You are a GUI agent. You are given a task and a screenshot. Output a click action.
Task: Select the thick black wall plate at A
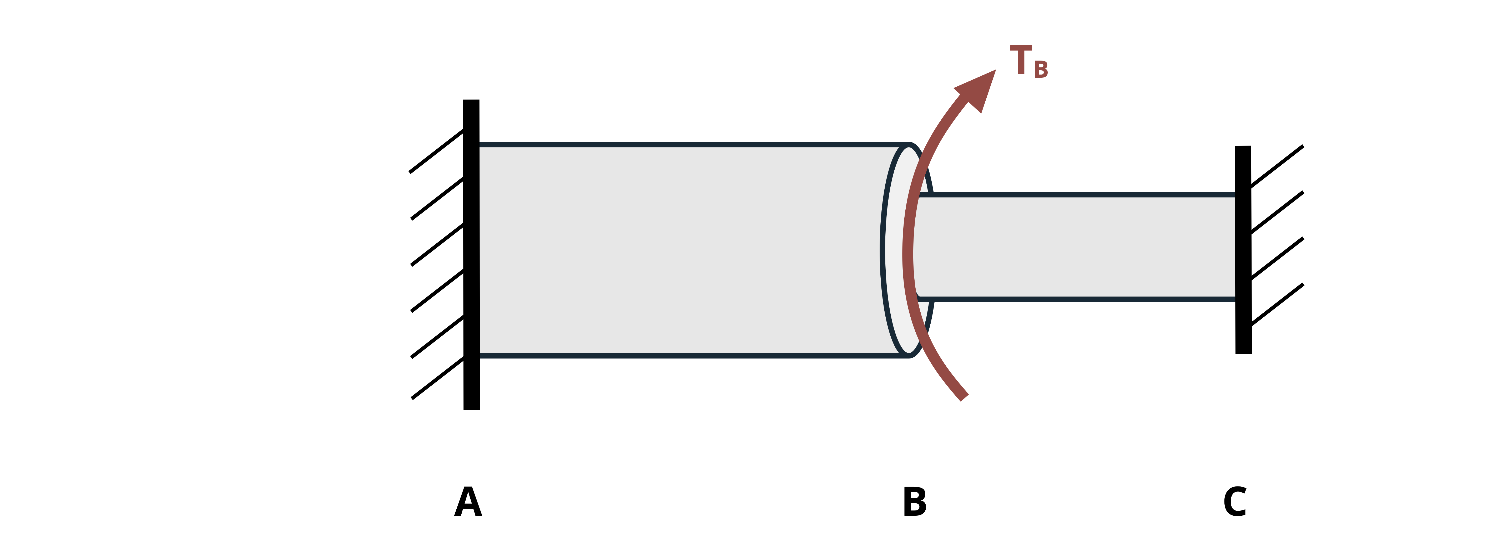tap(471, 255)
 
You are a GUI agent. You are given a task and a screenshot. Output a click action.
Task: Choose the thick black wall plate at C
tap(1243, 250)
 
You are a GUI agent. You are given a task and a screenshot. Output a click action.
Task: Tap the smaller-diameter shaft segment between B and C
tap(1077, 247)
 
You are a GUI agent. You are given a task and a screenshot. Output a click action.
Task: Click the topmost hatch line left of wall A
tap(437, 151)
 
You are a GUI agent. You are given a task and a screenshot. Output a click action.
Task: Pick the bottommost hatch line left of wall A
tap(438, 378)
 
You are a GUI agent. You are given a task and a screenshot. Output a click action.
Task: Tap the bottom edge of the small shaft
tap(1077, 299)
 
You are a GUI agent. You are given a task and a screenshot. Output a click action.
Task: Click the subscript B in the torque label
tap(1041, 70)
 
